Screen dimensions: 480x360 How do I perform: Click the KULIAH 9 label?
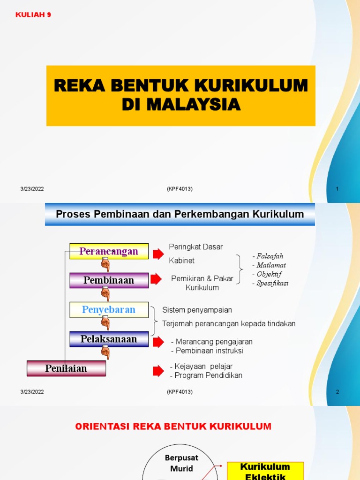[x=33, y=15]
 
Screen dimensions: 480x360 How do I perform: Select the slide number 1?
[x=337, y=189]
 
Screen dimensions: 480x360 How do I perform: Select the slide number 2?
[x=337, y=392]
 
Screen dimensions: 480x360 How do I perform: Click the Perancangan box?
[x=109, y=251]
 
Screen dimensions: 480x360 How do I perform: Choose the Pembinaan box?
[x=109, y=280]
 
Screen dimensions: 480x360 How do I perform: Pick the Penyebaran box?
[x=109, y=310]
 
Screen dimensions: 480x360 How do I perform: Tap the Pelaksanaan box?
[x=109, y=339]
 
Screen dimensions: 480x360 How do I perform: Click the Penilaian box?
[x=66, y=368]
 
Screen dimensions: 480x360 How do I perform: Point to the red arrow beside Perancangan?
[x=158, y=254]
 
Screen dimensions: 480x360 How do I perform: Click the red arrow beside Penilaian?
[x=158, y=371]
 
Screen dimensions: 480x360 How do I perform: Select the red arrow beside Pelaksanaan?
[x=158, y=342]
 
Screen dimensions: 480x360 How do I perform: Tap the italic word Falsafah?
[x=269, y=256]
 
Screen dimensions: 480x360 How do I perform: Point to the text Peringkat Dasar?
[x=195, y=247]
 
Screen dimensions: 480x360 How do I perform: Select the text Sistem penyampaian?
[x=197, y=310]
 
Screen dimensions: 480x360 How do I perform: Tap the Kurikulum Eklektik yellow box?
[x=265, y=471]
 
